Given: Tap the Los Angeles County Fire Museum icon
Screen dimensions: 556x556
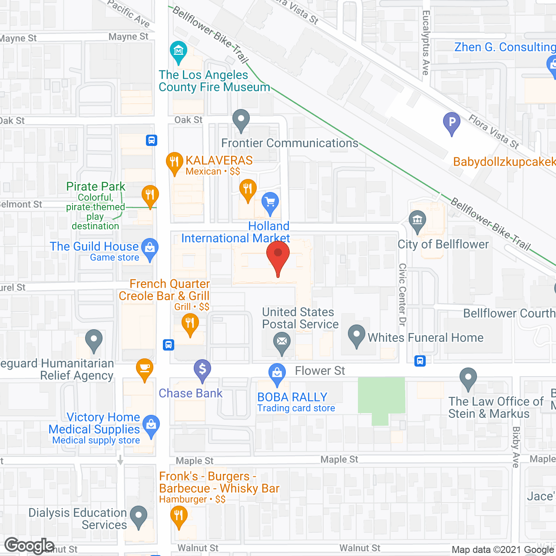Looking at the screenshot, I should pyautogui.click(x=179, y=51).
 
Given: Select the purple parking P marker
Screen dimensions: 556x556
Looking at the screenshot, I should pyautogui.click(x=452, y=122).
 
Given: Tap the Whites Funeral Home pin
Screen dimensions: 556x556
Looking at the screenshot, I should pyautogui.click(x=357, y=335).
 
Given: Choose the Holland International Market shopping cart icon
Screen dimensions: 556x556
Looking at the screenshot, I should pyautogui.click(x=270, y=202).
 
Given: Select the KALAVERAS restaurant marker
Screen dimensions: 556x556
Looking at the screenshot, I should pyautogui.click(x=175, y=162).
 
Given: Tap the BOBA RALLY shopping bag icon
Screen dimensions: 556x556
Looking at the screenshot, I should pyautogui.click(x=277, y=373).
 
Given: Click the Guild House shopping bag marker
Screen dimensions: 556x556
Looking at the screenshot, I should pyautogui.click(x=150, y=248).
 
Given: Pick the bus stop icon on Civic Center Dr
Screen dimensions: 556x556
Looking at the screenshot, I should pyautogui.click(x=420, y=361).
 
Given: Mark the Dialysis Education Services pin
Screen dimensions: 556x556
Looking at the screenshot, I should pyautogui.click(x=139, y=516).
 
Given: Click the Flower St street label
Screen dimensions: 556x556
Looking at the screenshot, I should pyautogui.click(x=320, y=371).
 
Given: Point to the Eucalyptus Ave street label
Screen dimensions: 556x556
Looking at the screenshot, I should pyautogui.click(x=426, y=43).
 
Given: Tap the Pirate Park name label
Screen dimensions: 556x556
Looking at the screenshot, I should pyautogui.click(x=96, y=186).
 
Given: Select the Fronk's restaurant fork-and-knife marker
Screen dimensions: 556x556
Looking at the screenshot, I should pyautogui.click(x=179, y=516).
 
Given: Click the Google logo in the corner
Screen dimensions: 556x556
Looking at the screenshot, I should pyautogui.click(x=30, y=546).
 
